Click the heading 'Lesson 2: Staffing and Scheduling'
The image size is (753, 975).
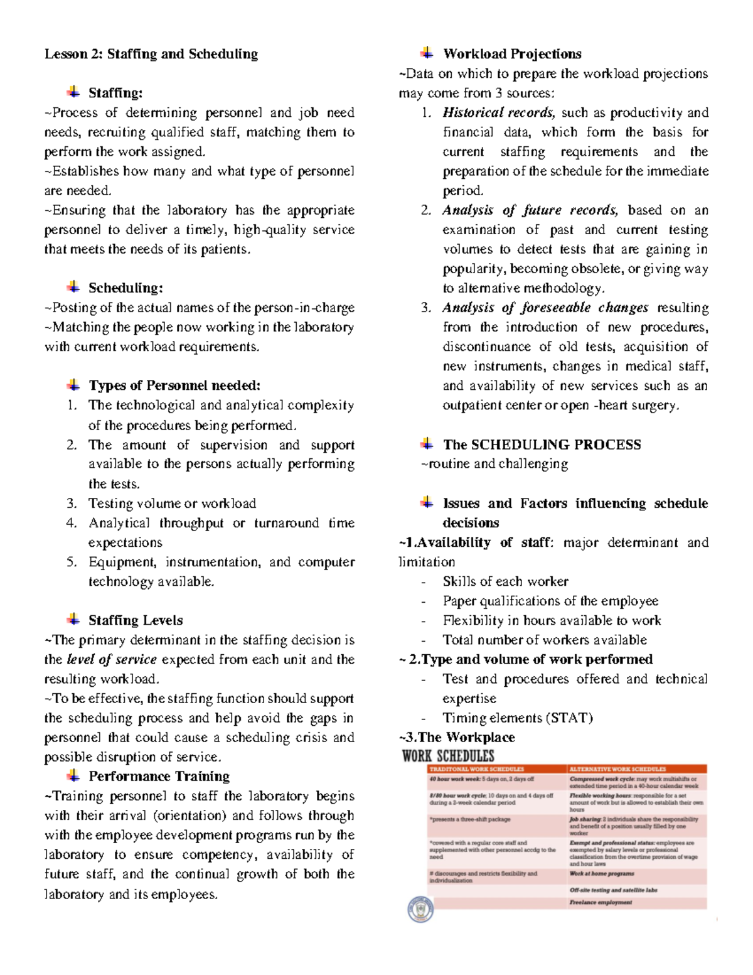pos(151,54)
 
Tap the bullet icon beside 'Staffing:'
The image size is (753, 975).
pos(73,92)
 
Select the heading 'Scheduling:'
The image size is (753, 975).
pos(125,288)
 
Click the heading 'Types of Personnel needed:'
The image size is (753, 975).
pos(174,385)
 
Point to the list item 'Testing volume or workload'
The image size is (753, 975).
pos(172,504)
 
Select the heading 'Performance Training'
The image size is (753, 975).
pos(159,777)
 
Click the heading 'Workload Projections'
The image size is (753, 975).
pos(512,54)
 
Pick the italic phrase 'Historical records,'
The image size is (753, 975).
pos(499,113)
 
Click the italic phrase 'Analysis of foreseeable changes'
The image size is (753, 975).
pos(545,308)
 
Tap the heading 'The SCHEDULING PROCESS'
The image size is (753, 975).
pos(542,445)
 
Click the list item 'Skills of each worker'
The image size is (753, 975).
pos(505,581)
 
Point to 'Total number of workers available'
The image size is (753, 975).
pos(545,640)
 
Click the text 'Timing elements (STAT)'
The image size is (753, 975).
pos(517,718)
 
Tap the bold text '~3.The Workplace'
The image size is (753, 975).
pos(457,738)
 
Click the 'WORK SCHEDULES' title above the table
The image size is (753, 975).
pos(448,756)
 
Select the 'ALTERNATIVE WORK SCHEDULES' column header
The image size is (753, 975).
pos(617,769)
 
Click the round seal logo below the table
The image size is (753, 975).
pos(420,908)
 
